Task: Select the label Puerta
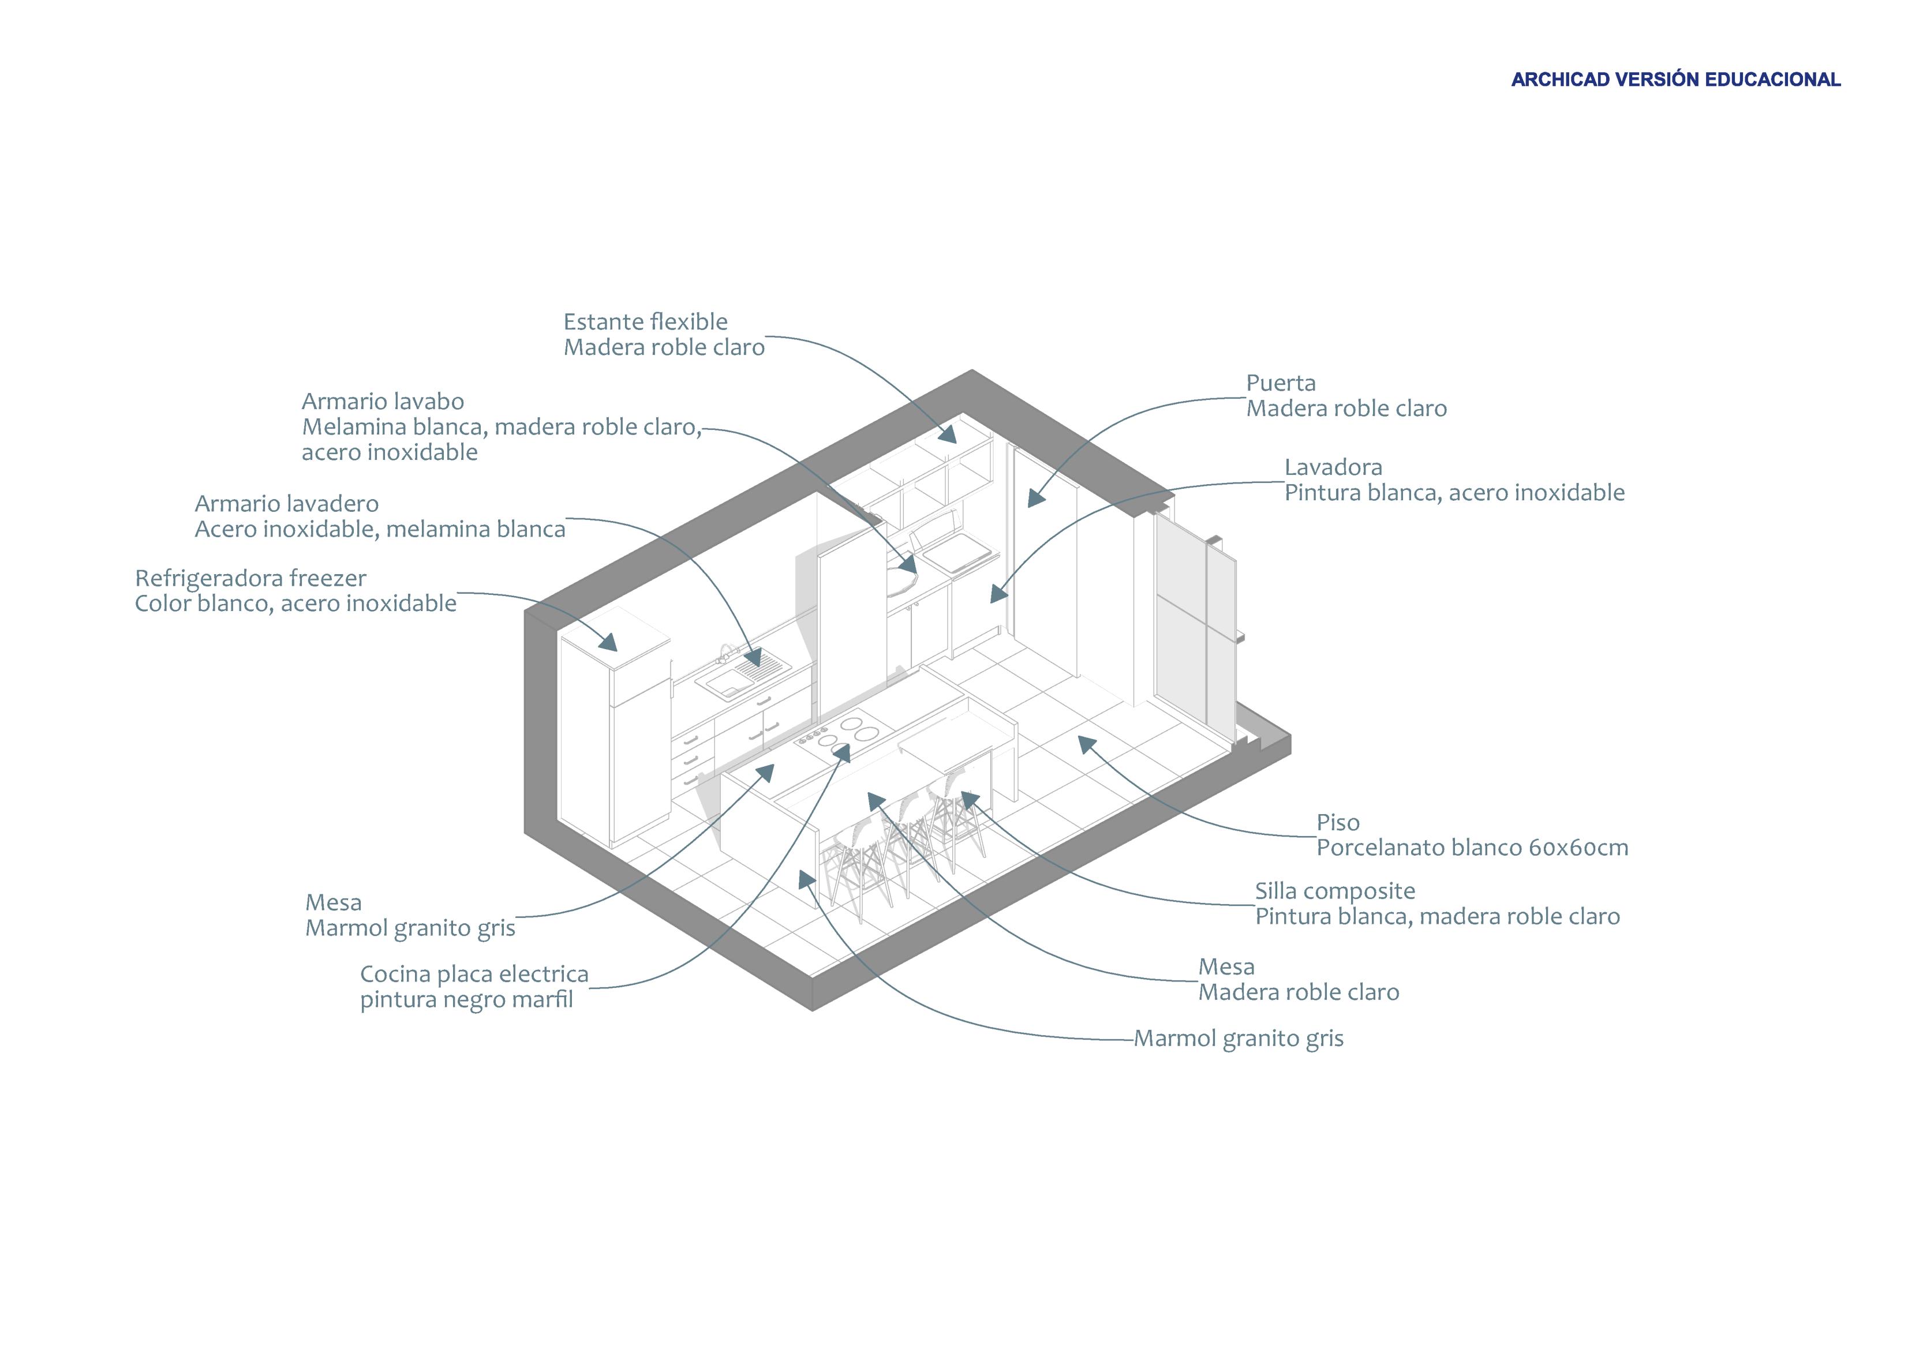[1281, 383]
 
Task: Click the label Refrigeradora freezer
[250, 578]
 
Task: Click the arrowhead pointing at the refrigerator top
[609, 642]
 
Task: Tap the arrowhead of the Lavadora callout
[998, 594]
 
